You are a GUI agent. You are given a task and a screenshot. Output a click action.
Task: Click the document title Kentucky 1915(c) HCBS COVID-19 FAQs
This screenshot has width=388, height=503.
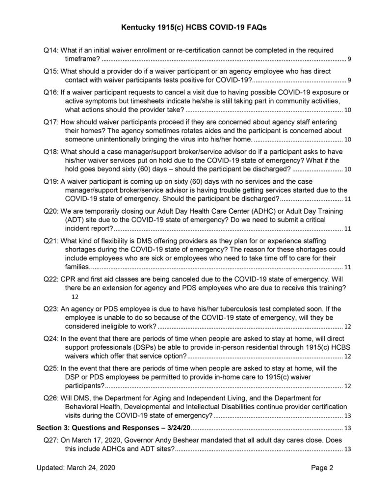tap(194, 28)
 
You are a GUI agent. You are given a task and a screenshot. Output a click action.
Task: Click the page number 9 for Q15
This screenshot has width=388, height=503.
tap(348, 80)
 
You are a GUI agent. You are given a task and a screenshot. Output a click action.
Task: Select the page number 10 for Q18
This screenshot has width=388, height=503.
tap(347, 169)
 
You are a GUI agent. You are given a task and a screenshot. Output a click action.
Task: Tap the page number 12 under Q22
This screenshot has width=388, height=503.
tap(75, 297)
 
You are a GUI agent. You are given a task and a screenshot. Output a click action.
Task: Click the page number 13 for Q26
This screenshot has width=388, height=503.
tap(347, 416)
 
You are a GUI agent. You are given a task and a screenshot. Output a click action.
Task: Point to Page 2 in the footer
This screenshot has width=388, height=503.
tap(322, 468)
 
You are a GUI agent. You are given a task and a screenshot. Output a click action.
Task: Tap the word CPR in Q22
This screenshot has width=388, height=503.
tap(69, 279)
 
